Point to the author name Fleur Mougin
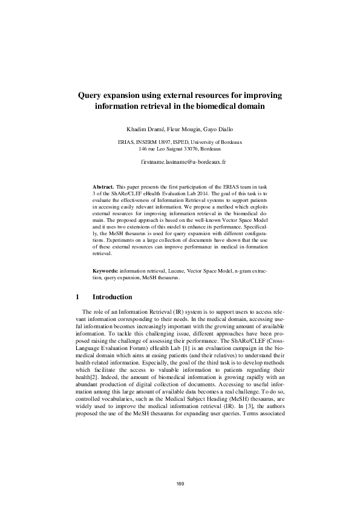182,130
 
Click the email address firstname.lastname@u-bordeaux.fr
180,163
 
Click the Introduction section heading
112,297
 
